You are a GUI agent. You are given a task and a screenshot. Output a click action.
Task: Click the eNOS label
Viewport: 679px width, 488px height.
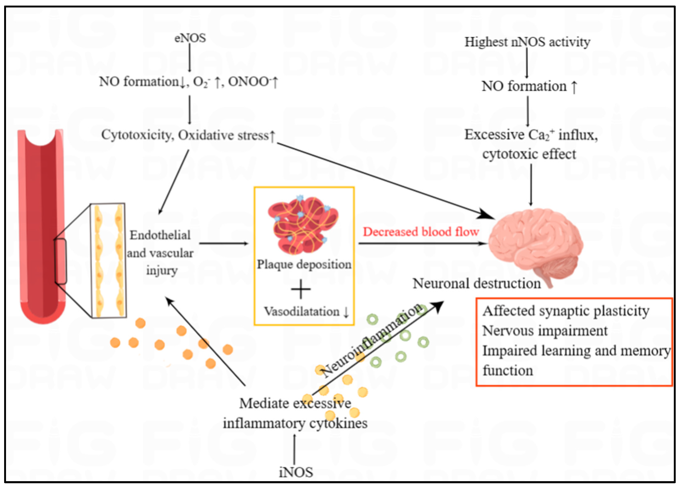pos(190,38)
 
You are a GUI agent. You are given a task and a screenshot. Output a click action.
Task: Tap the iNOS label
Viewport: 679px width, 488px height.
pos(296,472)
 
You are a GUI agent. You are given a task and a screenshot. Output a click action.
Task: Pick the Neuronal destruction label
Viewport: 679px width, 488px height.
pos(477,283)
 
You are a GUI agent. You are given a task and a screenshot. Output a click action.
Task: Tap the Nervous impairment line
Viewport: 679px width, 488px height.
pos(545,331)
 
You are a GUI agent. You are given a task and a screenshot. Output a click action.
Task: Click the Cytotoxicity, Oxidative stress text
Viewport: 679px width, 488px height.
pos(188,135)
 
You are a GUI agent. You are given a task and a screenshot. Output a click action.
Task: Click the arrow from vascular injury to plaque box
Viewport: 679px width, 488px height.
pos(224,243)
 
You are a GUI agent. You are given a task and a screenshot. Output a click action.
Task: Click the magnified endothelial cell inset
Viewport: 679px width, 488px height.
pos(108,261)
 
